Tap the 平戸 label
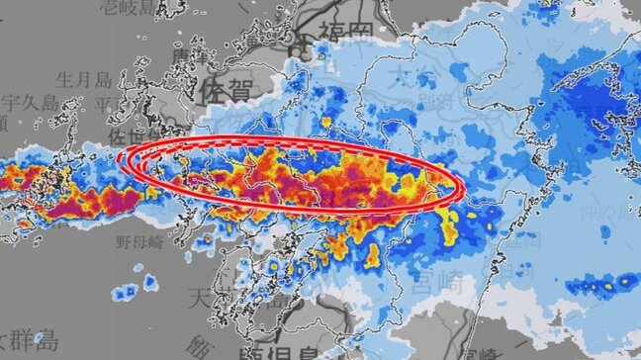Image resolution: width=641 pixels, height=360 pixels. point(104,102)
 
